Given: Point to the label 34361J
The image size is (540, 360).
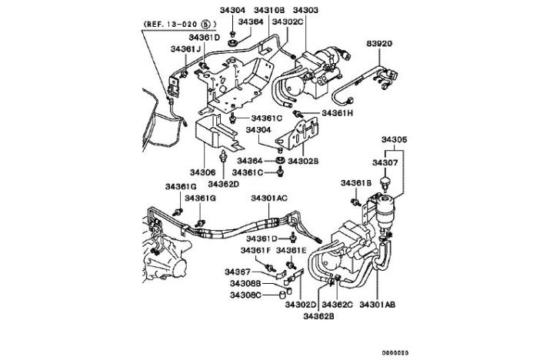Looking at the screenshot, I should pyautogui.click(x=185, y=49).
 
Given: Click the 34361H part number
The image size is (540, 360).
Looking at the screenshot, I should pyautogui.click(x=335, y=113).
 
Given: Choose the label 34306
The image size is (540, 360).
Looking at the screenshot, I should pyautogui.click(x=204, y=172).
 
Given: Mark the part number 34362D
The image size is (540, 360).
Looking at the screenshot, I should pyautogui.click(x=222, y=184).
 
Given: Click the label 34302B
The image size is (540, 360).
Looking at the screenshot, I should pyautogui.click(x=305, y=161).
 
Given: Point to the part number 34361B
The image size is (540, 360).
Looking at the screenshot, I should pyautogui.click(x=356, y=183).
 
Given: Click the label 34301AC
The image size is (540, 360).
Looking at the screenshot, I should pyautogui.click(x=268, y=198).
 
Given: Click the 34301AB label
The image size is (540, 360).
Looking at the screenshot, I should pyautogui.click(x=378, y=305).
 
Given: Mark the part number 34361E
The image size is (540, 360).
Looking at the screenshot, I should pyautogui.click(x=292, y=250).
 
